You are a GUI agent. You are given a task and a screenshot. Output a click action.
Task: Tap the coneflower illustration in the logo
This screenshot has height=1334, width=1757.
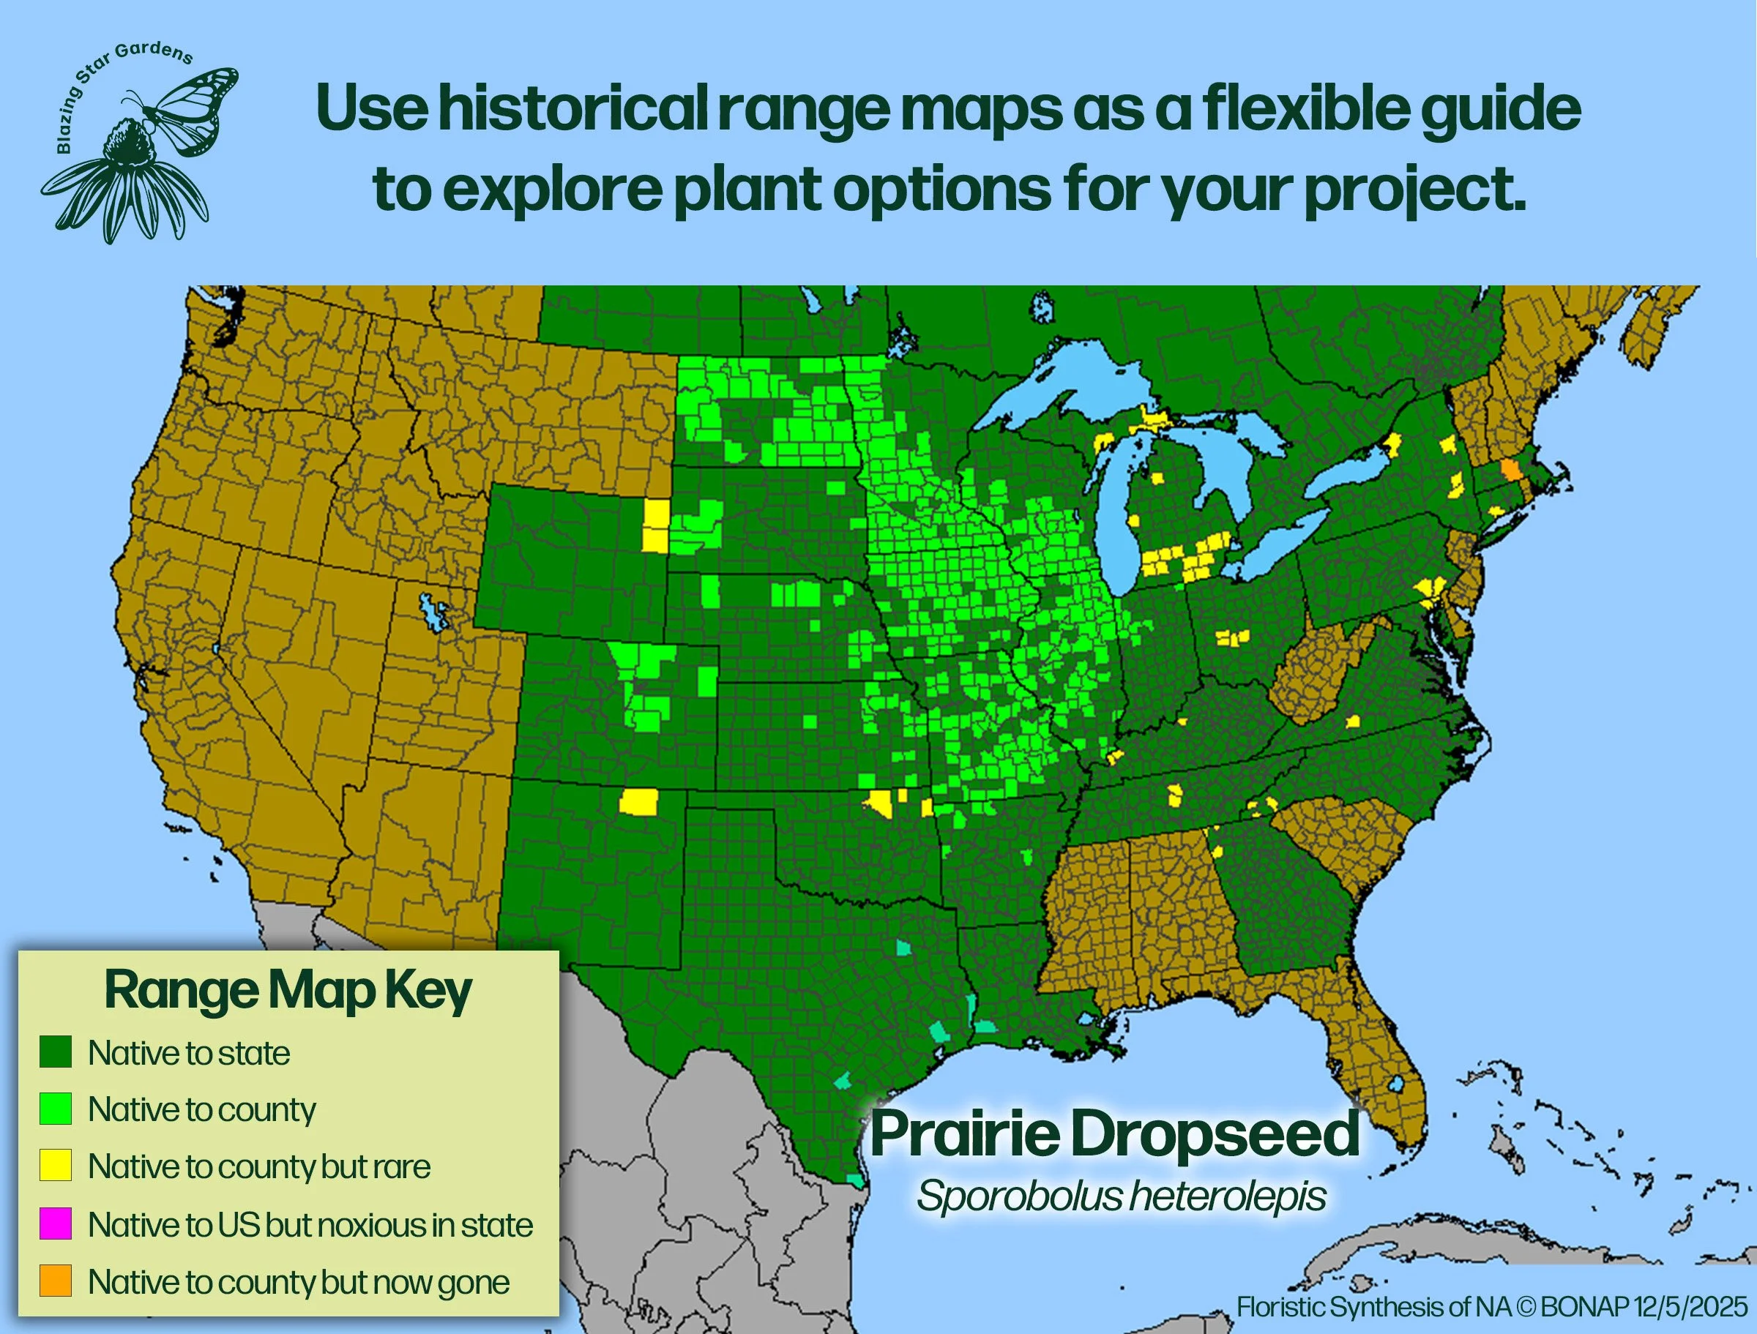coord(127,183)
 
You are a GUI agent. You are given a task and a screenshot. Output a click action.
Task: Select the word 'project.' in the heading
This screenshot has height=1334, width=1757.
coord(1414,190)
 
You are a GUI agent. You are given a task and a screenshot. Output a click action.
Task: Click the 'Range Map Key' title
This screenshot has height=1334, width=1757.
coord(288,992)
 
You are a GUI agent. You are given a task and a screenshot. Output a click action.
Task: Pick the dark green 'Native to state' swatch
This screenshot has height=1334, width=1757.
coord(56,1052)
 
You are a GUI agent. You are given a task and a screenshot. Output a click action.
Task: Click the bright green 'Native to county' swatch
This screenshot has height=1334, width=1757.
coord(56,1109)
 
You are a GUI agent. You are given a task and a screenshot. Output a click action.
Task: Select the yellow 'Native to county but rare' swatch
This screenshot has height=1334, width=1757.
coord(56,1166)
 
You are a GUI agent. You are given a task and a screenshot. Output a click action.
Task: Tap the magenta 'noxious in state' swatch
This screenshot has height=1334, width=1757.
coord(56,1224)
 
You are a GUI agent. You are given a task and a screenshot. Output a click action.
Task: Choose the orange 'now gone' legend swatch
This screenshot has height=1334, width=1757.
coord(56,1281)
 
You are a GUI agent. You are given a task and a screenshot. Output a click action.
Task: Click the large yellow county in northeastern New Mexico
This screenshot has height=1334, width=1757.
coord(639,801)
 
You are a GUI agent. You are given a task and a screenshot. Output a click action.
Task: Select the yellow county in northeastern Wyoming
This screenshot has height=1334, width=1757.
coord(656,525)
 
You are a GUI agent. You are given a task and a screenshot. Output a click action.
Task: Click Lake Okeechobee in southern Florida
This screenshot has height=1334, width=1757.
coord(1395,1084)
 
